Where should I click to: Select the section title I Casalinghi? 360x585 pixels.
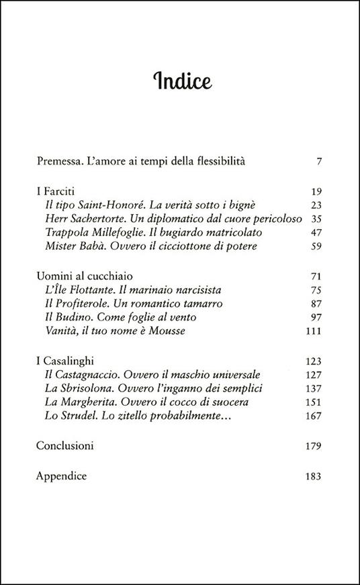[66, 361]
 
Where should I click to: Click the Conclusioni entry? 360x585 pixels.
[64, 446]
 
